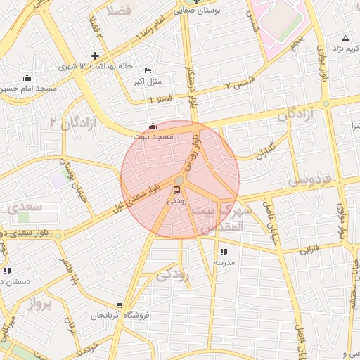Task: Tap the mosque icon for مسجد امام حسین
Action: click(27, 77)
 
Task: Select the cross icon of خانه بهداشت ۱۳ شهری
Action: click(96, 56)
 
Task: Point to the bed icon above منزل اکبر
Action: click(147, 71)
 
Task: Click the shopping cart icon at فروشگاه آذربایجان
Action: click(120, 306)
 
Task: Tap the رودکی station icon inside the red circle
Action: click(176, 189)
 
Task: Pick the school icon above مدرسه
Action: click(224, 252)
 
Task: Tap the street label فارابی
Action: click(310, 248)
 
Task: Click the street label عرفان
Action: click(70, 329)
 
